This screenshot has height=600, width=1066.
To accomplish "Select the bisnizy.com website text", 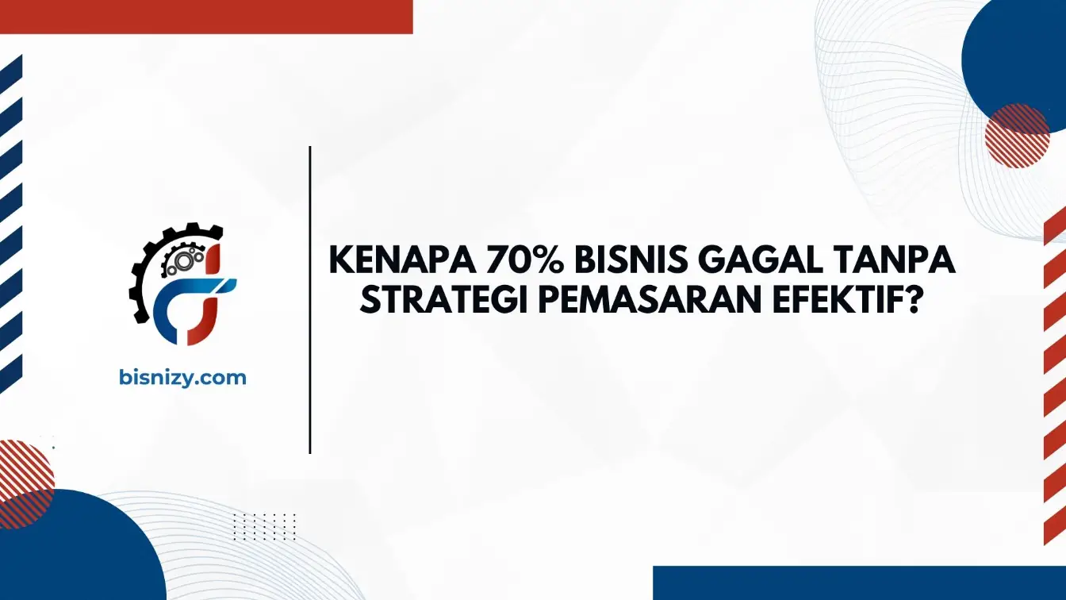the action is pyautogui.click(x=182, y=378).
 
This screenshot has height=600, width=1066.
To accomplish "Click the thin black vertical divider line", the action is pyautogui.click(x=310, y=300).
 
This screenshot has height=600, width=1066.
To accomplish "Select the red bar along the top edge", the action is pyautogui.click(x=206, y=17).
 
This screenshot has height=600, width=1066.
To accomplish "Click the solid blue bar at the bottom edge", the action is pyautogui.click(x=860, y=583).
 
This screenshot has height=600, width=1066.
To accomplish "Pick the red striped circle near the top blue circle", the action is pyautogui.click(x=1018, y=136).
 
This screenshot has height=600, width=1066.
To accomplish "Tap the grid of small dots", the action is pyautogui.click(x=265, y=527).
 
